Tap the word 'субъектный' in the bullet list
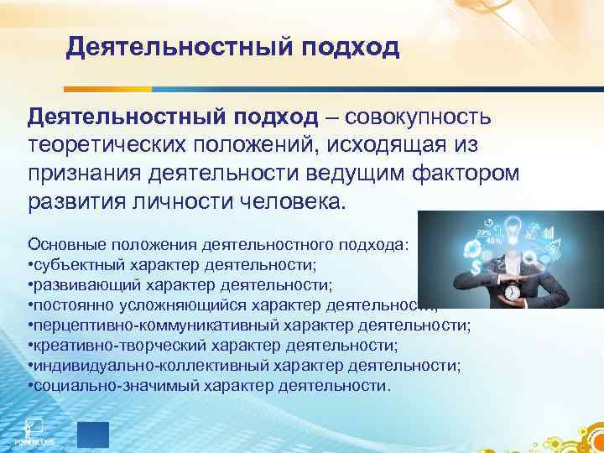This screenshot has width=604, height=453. pos(73,265)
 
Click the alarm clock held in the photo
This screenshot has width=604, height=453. pos(513,292)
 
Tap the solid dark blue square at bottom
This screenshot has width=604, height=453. pos(93,435)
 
